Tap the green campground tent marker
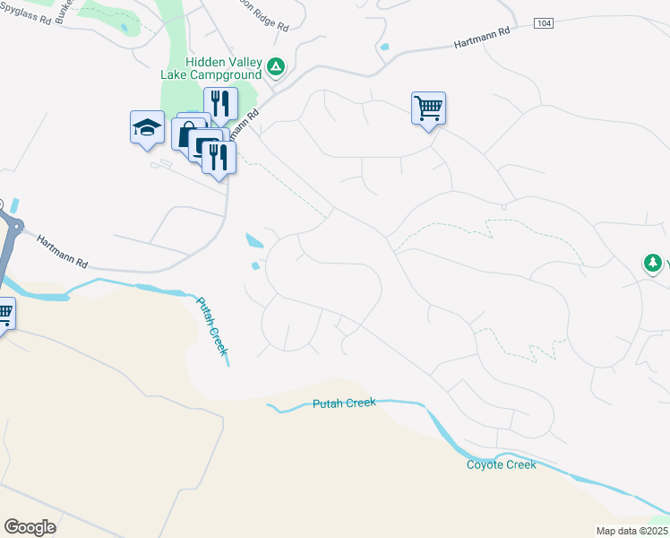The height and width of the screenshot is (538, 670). (277, 66)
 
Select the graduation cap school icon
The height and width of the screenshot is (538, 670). (147, 127)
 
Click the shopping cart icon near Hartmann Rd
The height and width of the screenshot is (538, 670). (428, 108)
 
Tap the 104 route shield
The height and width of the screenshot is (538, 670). (543, 22)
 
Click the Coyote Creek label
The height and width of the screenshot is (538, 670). (501, 464)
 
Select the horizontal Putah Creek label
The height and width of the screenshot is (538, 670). (344, 403)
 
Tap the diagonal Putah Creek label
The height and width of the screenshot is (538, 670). (213, 326)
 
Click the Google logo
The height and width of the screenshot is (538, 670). (30, 527)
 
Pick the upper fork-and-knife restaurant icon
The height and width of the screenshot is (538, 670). (219, 104)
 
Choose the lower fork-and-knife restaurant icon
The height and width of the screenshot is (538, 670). (219, 157)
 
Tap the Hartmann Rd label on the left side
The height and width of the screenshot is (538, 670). (63, 252)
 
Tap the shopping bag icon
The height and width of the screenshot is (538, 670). (189, 135)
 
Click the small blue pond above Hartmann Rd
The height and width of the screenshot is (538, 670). (384, 47)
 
